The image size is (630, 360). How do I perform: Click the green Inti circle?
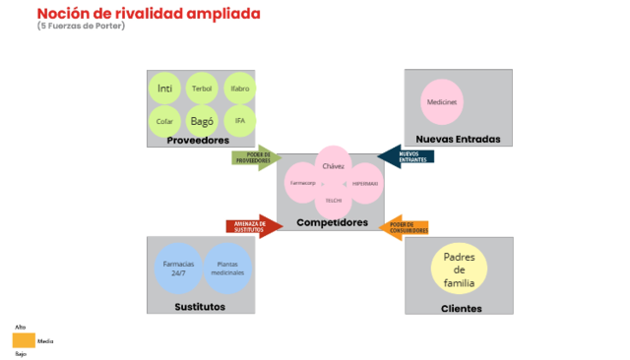coord(164,89)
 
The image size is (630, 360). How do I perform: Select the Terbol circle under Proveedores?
coord(202,89)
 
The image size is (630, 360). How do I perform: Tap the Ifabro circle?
coord(239,89)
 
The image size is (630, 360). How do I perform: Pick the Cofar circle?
coord(164,121)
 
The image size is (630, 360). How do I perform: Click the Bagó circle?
coord(202,121)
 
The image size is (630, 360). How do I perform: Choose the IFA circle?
coord(239,121)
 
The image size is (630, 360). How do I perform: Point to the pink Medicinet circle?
coord(442,102)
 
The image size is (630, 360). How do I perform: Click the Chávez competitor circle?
coord(333,166)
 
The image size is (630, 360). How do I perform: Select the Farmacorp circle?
coord(302,184)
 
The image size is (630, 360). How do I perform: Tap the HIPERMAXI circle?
coord(364,184)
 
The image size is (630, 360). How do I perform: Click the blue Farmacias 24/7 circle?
coord(179,269)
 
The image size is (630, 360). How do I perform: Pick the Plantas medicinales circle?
coord(228,269)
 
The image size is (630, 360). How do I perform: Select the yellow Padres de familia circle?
coord(460,270)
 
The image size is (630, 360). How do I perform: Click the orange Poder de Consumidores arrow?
coord(407,227)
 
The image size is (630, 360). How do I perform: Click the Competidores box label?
coord(332,223)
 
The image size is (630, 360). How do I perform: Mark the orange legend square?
coord(24,340)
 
